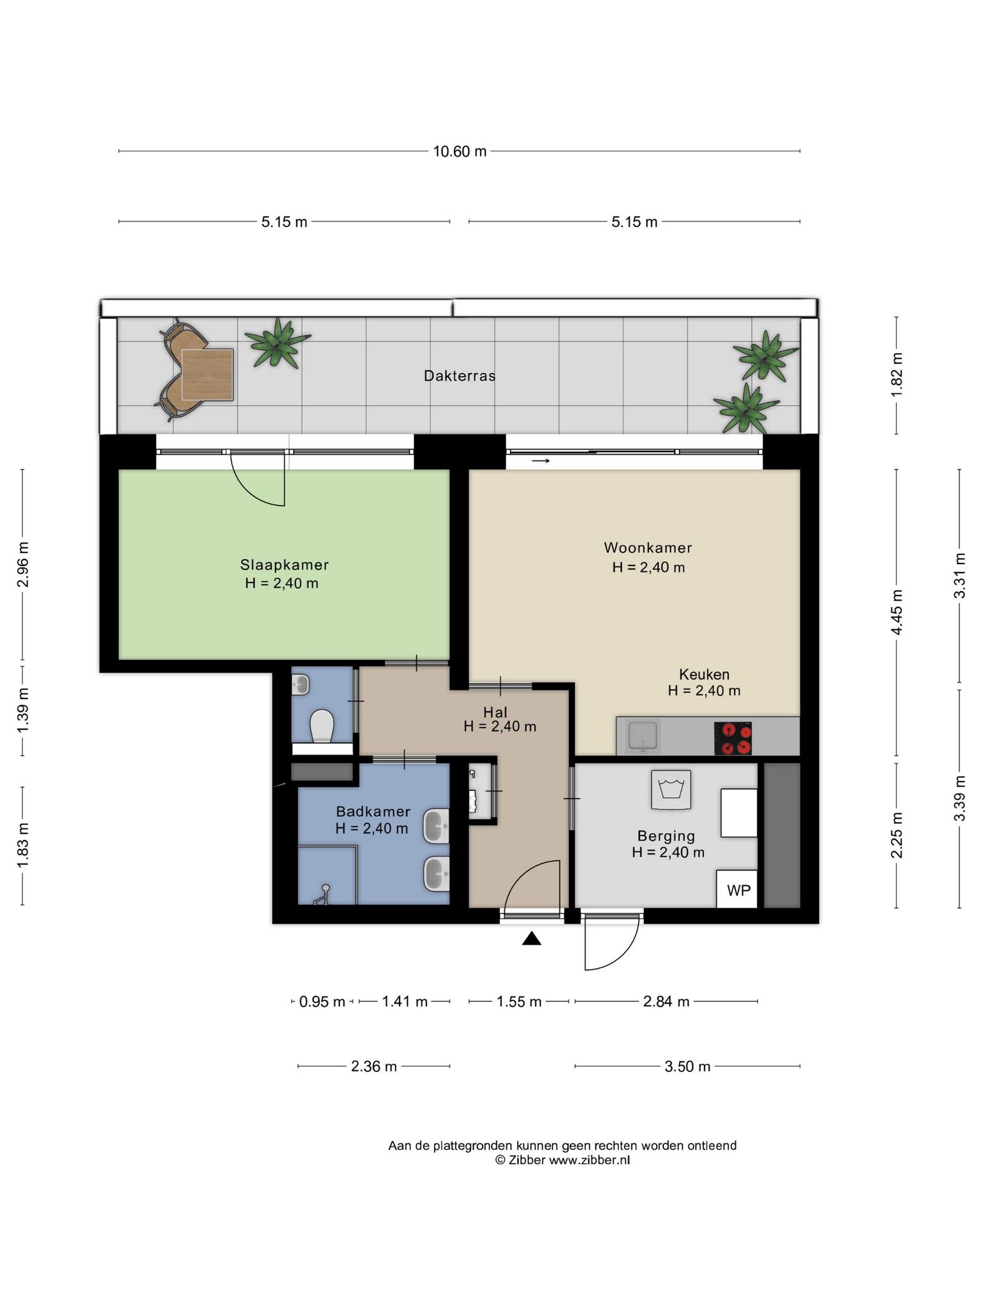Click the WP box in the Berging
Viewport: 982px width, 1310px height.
(736, 889)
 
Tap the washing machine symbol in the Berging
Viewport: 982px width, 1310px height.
(671, 790)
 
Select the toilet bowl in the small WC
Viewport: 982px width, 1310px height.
(322, 727)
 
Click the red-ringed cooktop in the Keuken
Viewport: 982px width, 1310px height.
(733, 739)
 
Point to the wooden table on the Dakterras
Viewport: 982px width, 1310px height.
(207, 375)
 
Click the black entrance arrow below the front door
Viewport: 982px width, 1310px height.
(532, 938)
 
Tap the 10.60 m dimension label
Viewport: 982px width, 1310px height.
(460, 152)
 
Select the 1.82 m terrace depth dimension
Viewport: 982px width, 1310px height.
(897, 375)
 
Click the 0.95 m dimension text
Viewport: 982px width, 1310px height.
(322, 1002)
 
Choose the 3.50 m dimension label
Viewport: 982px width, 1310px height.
(687, 1066)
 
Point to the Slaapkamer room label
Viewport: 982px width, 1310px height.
(284, 565)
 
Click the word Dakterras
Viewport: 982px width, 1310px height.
(460, 375)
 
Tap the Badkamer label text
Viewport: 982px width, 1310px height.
(373, 812)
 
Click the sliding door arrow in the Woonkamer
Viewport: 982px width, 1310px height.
(541, 461)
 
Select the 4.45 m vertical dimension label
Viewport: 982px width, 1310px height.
(897, 612)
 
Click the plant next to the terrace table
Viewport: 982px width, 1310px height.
(277, 343)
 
